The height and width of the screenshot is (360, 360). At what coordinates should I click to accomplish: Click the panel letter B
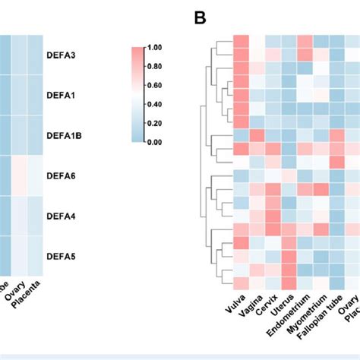pos(201,17)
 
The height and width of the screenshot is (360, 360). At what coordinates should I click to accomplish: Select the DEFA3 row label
pos(62,56)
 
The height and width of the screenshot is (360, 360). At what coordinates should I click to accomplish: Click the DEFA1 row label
pos(62,96)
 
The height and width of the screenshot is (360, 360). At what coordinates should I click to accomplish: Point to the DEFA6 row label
pos(62,175)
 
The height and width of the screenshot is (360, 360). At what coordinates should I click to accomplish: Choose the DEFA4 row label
pos(62,216)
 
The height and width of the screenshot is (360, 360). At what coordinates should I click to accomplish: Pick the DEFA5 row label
pos(62,256)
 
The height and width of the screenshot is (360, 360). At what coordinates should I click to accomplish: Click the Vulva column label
pos(235,308)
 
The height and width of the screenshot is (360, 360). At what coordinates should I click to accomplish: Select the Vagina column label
pos(250,309)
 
